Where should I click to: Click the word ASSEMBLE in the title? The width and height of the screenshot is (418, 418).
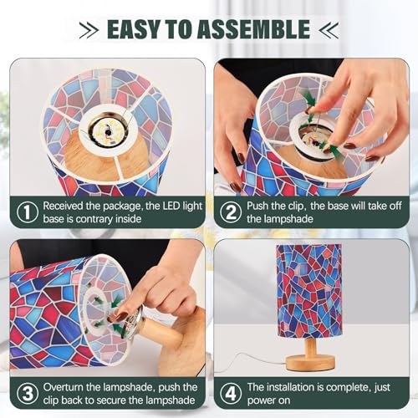point(254,29)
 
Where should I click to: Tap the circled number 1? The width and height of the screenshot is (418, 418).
point(28,212)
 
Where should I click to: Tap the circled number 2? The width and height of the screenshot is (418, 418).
point(231,212)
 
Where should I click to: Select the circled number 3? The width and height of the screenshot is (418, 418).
point(28,394)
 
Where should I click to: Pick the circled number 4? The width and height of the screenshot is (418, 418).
point(231,394)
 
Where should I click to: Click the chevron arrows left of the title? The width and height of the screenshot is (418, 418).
point(89,30)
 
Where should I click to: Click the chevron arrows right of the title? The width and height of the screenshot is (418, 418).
point(329,30)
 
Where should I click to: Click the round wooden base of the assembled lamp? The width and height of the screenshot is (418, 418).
point(310,362)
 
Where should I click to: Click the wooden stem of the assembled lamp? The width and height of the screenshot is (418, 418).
point(311,346)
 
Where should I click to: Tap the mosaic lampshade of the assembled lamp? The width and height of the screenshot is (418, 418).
point(308,291)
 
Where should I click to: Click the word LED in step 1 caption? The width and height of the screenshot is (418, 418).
point(171,206)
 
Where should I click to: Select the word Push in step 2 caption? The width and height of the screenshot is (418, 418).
point(257,206)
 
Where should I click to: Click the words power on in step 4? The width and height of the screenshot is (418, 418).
point(268,400)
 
